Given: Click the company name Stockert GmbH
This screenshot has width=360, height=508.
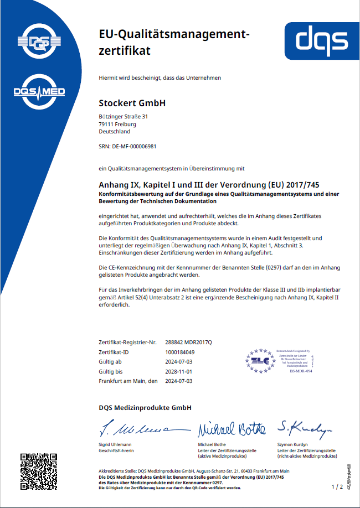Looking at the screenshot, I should [132, 103].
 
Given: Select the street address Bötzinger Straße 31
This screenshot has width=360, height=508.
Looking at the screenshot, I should [123, 117].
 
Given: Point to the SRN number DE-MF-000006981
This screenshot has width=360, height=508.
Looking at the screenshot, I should [127, 146].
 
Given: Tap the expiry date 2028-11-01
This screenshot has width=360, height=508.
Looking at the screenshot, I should [179, 371].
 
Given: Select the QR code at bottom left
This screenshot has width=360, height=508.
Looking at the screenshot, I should [39, 471].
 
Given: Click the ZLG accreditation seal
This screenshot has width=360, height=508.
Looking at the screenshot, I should [262, 360].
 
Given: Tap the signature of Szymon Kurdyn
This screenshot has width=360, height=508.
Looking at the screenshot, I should [305, 427].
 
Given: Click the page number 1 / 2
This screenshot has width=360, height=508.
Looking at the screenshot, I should [337, 486].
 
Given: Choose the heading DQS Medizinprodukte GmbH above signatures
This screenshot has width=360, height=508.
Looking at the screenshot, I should [145, 408].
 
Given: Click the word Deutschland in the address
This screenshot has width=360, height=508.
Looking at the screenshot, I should [115, 132].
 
